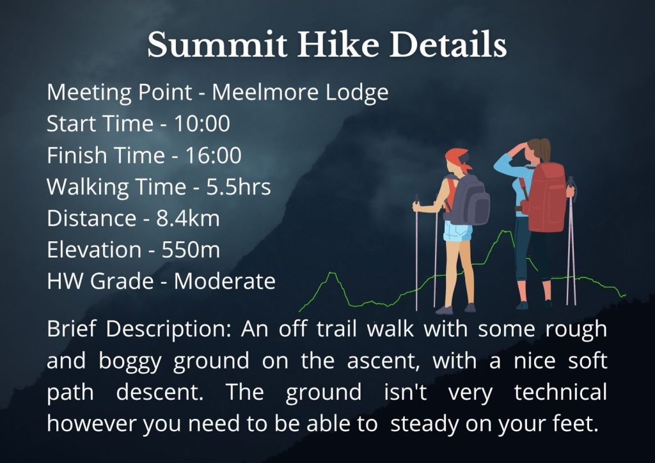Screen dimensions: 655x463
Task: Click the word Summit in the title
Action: (x=217, y=44)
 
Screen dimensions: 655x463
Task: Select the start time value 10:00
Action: (x=201, y=123)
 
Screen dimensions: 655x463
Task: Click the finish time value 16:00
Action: (x=213, y=155)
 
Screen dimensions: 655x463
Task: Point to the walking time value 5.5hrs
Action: (x=239, y=187)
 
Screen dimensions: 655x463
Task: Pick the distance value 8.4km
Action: (x=188, y=218)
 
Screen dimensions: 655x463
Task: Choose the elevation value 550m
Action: (x=191, y=249)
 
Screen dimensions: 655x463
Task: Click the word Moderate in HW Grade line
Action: (x=225, y=281)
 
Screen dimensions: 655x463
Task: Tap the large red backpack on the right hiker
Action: (x=545, y=196)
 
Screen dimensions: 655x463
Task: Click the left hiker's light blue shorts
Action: (x=457, y=231)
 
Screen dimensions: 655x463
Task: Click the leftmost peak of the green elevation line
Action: (x=332, y=273)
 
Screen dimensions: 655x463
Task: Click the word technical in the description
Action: (x=560, y=392)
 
